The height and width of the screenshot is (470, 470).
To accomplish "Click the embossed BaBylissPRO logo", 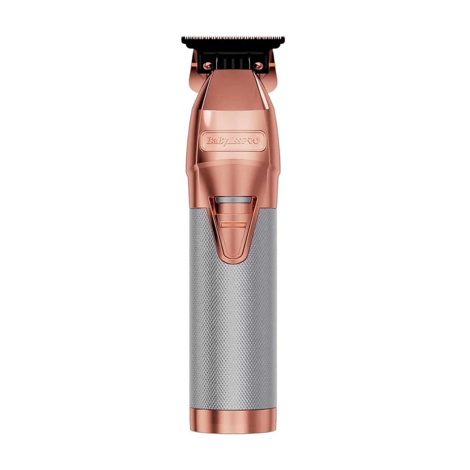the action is click(233, 140).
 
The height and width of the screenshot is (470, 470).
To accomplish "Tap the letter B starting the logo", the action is click(209, 140).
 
